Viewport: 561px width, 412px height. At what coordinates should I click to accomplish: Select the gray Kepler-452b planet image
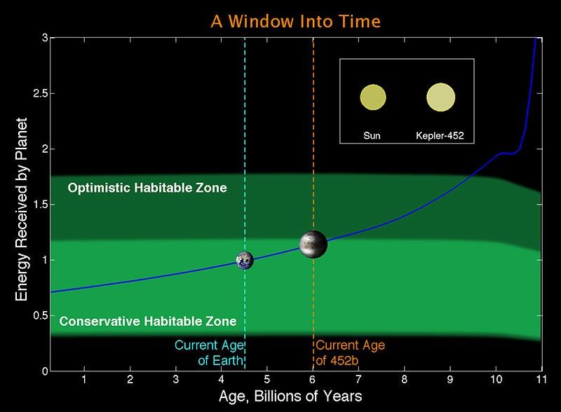(312, 243)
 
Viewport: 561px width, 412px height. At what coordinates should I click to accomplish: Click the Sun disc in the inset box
(372, 97)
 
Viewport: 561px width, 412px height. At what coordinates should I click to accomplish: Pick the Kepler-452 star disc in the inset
(440, 97)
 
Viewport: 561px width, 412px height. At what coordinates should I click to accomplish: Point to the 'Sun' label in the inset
(372, 135)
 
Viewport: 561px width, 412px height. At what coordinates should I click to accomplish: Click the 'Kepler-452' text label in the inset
(440, 135)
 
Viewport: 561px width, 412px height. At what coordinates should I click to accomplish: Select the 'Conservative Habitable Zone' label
(147, 322)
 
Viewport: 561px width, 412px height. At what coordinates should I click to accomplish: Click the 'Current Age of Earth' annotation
(208, 352)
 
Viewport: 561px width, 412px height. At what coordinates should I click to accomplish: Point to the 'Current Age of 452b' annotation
(351, 352)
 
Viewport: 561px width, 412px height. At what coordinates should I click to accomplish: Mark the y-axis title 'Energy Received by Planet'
(22, 204)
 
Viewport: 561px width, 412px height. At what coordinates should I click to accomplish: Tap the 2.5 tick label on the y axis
(34, 93)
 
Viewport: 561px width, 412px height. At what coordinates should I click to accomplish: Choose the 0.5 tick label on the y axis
(34, 315)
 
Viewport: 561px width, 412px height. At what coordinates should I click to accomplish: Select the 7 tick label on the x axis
(358, 379)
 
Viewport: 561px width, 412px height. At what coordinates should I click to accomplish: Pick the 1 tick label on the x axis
(84, 379)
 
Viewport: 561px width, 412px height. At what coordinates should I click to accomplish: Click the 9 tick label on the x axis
(450, 379)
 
